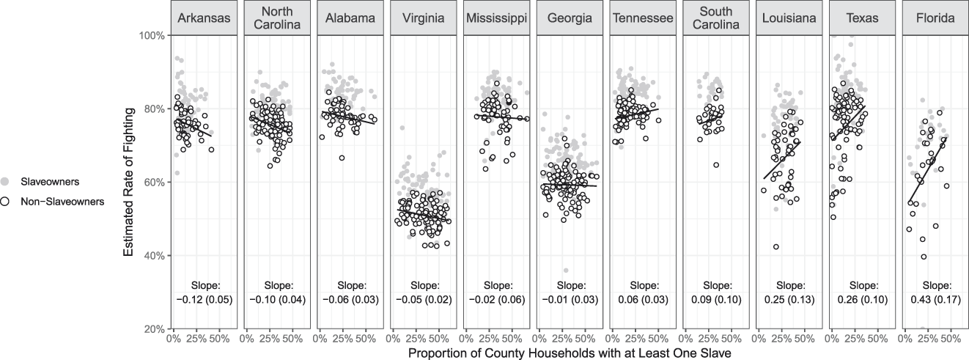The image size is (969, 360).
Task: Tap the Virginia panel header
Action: (421, 18)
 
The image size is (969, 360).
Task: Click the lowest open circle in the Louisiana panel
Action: (775, 246)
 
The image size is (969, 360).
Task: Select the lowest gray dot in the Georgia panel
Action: (565, 271)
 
